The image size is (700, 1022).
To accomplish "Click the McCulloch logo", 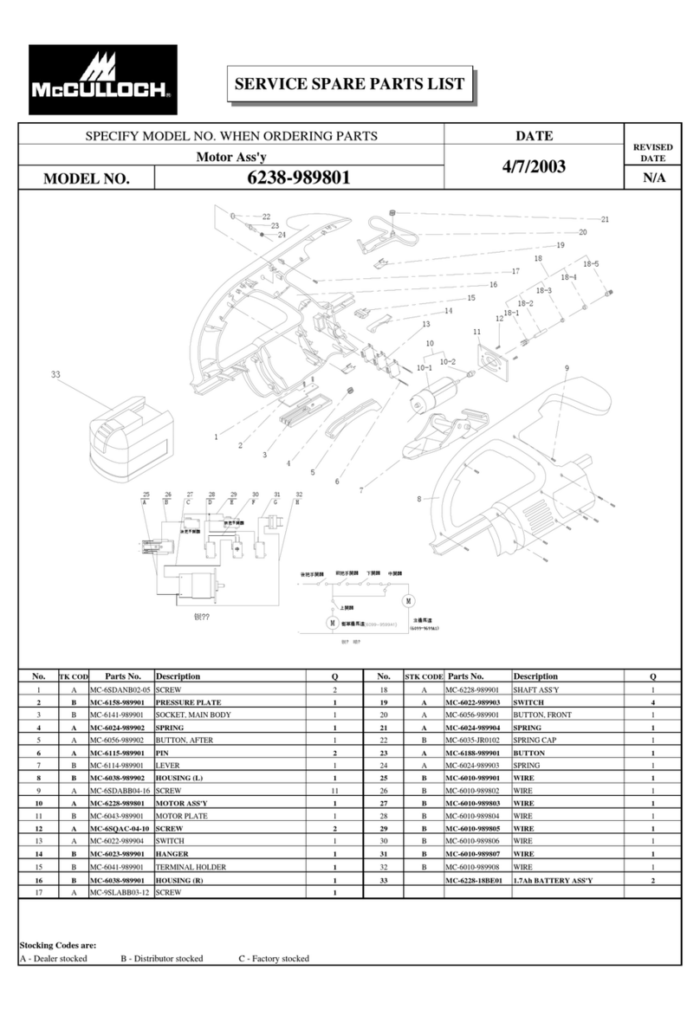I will tap(102, 79).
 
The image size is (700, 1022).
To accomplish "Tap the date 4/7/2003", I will tap(534, 166).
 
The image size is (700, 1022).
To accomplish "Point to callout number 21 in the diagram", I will tap(606, 219).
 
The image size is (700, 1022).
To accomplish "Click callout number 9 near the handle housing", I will tap(567, 368).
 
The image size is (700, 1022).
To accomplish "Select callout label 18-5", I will tap(591, 263).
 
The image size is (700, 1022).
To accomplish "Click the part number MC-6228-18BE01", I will tap(474, 880).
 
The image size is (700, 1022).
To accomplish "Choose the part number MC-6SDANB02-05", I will tap(120, 689).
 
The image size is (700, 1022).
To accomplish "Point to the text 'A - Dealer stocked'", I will tap(53, 959).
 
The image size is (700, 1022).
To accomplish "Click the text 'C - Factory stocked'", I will tap(274, 959).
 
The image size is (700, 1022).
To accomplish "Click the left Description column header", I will tap(178, 676).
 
